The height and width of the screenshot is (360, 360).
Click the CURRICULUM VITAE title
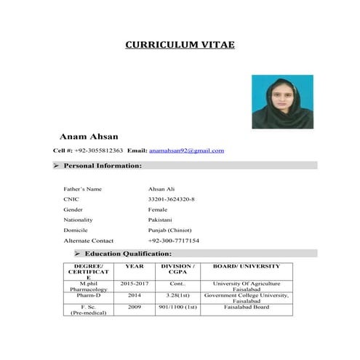click(x=180, y=44)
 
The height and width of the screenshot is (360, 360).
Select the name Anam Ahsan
click(x=88, y=136)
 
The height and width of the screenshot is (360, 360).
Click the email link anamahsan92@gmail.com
click(x=186, y=151)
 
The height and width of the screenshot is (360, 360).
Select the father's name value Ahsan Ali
click(x=161, y=189)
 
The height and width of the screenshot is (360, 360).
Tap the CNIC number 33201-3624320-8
click(x=171, y=199)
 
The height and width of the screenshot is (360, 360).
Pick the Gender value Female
click(x=158, y=209)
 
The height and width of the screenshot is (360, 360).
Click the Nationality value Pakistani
click(x=160, y=220)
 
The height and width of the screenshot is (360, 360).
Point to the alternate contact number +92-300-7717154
click(x=173, y=240)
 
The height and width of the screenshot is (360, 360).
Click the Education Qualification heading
click(x=128, y=253)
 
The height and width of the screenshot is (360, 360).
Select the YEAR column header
click(x=135, y=267)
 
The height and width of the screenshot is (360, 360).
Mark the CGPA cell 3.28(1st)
click(x=177, y=295)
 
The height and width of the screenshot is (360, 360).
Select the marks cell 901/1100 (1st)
click(x=177, y=307)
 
